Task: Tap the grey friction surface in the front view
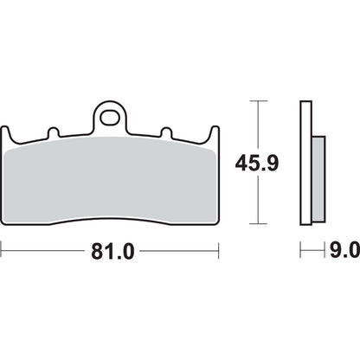click(111, 182)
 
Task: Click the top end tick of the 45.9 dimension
click(253, 101)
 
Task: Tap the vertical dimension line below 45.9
click(253, 203)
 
